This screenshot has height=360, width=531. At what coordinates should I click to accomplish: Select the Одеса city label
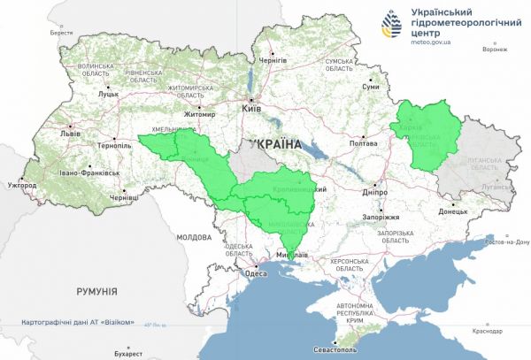click(x=256, y=273)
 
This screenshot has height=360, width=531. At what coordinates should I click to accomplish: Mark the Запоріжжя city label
click(x=381, y=217)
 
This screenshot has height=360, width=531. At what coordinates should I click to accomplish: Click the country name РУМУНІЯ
click(x=97, y=290)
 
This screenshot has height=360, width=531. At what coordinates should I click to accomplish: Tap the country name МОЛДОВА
click(x=194, y=237)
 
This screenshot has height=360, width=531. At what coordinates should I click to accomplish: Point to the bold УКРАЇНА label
click(x=276, y=142)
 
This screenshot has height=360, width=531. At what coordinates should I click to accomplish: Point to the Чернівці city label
click(x=123, y=198)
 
